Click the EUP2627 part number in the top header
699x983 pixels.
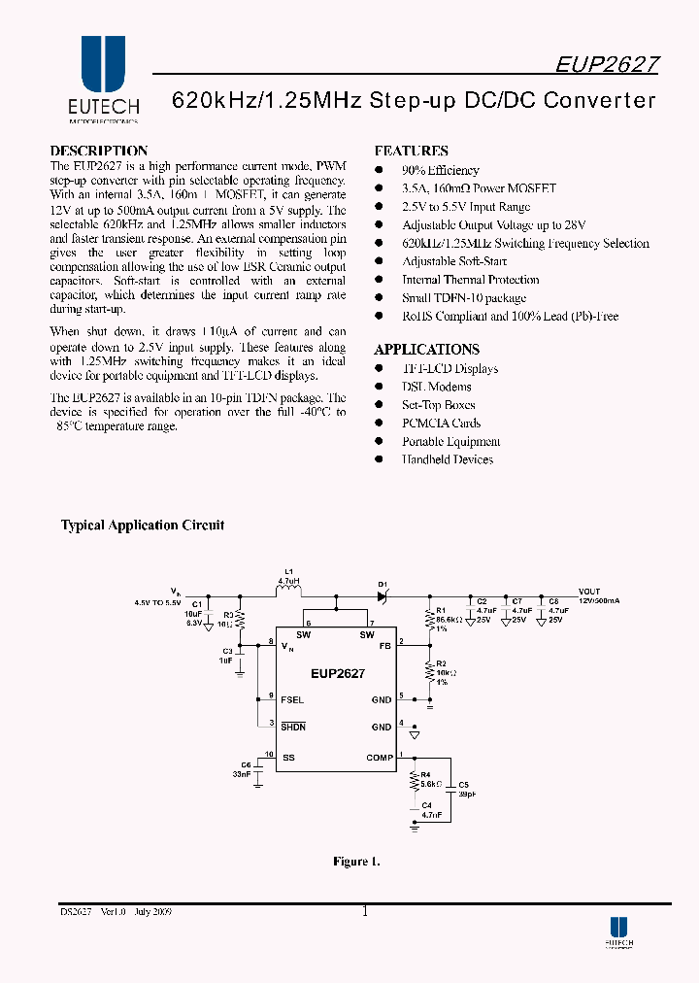click(x=607, y=64)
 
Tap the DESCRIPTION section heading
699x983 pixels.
click(x=99, y=151)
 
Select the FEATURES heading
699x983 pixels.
click(x=411, y=151)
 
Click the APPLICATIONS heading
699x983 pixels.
click(x=426, y=349)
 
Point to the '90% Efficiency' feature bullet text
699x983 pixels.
click(x=441, y=170)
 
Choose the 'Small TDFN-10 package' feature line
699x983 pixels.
click(x=464, y=298)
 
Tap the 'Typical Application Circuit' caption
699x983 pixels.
click(x=143, y=525)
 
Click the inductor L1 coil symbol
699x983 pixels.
click(x=288, y=591)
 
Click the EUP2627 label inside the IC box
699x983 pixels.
click(x=338, y=673)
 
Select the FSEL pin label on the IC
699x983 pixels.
click(x=292, y=699)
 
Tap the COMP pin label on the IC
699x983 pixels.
click(x=380, y=758)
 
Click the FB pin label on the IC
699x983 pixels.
click(x=384, y=645)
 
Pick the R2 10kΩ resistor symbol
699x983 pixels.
click(x=429, y=670)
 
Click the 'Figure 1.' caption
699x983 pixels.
click(x=356, y=861)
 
